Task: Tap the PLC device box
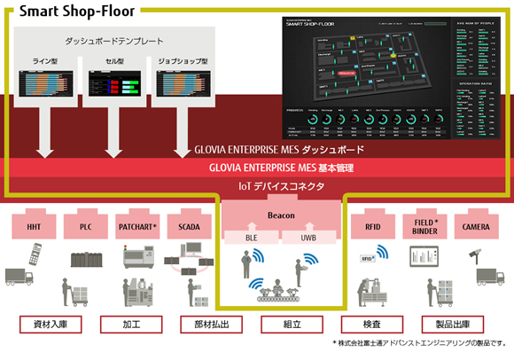85,226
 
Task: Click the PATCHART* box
136,226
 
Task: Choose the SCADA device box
188,226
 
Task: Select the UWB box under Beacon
308,238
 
